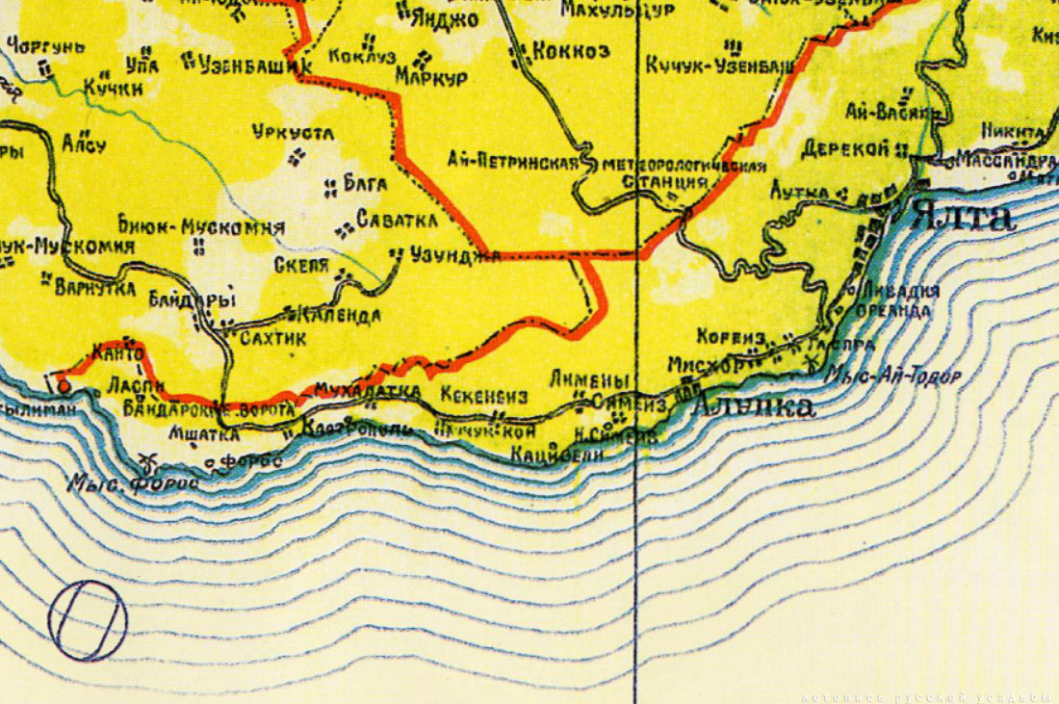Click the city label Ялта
click(x=964, y=215)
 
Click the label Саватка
click(x=397, y=221)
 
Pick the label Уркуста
click(x=293, y=132)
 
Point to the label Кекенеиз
click(x=484, y=395)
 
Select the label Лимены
click(x=589, y=379)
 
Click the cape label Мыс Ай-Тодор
click(x=894, y=377)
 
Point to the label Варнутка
click(x=94, y=286)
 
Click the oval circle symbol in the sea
click(x=88, y=621)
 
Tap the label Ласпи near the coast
click(x=126, y=385)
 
